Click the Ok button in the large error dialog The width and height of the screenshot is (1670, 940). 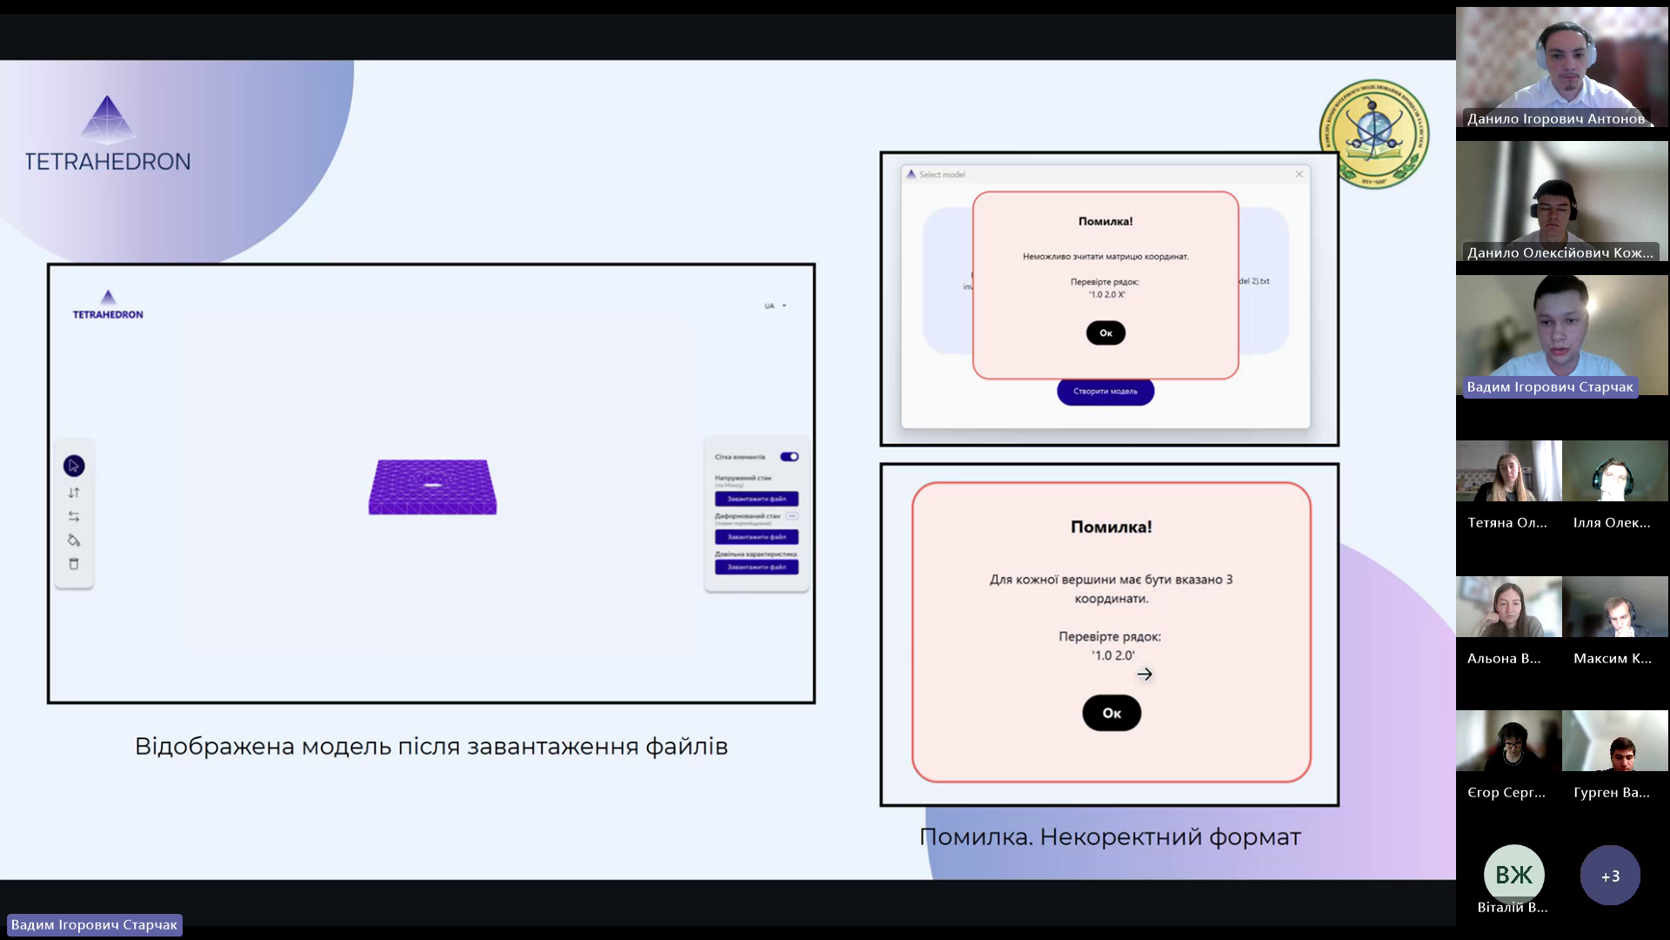click(1111, 713)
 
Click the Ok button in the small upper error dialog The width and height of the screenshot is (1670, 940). click(1106, 332)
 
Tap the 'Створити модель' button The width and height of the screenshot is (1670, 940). click(1105, 392)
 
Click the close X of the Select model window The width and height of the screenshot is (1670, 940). click(1299, 174)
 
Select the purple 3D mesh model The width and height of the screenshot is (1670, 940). click(432, 487)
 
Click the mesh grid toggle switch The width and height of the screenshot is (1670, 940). click(789, 457)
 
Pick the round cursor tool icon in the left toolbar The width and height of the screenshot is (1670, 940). click(74, 467)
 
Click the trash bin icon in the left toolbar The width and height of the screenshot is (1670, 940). click(74, 564)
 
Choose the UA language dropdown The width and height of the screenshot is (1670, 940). click(774, 306)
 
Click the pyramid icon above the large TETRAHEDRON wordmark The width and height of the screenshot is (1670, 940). click(108, 119)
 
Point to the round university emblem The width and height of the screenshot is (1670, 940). click(1373, 133)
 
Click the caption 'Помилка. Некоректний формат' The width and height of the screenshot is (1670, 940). click(1110, 837)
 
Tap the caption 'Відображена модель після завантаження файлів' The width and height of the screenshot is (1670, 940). click(431, 747)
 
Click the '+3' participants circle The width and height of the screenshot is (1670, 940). click(1610, 876)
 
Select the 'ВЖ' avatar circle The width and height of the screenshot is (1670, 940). click(1513, 874)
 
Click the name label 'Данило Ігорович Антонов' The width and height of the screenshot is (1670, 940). click(1555, 119)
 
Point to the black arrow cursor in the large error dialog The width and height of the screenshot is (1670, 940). click(1145, 674)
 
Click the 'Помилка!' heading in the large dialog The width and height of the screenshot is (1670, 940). click(1111, 527)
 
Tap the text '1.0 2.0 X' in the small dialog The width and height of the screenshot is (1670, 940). click(1106, 295)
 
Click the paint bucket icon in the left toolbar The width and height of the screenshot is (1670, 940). click(74, 540)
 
